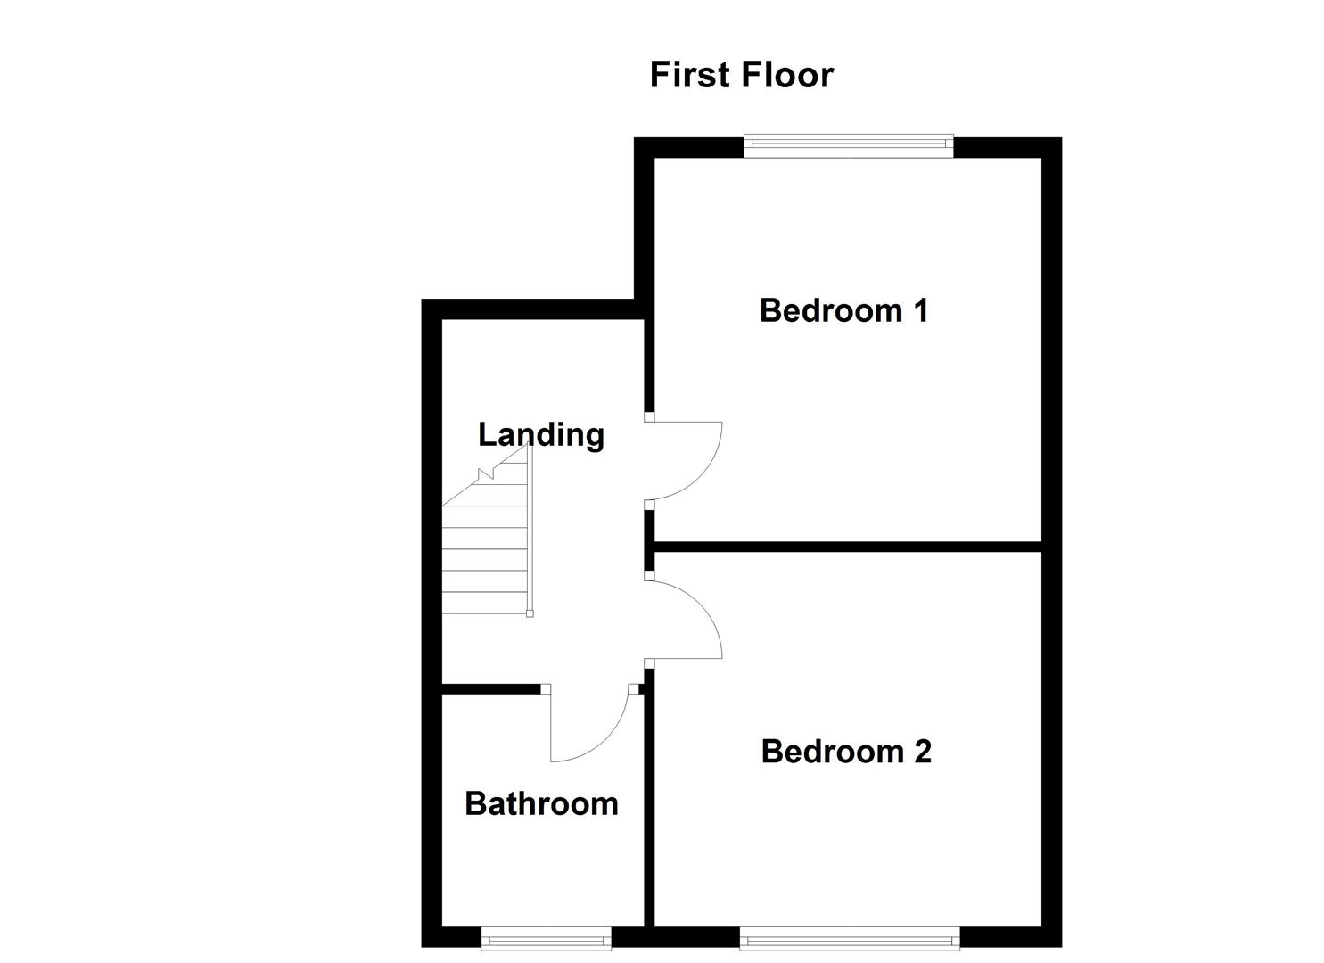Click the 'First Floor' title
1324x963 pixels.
(x=741, y=75)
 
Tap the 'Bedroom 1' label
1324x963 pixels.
(x=843, y=310)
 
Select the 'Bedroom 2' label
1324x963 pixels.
(x=846, y=752)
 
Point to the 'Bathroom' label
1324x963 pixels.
(x=541, y=804)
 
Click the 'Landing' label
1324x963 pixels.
(x=541, y=435)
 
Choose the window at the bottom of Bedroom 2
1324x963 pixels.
(x=849, y=937)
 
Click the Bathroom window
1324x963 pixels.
(x=546, y=937)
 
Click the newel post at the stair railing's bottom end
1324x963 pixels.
(x=530, y=613)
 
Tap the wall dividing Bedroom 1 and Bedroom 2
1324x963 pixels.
(x=847, y=546)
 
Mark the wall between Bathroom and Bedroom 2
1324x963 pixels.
(x=649, y=802)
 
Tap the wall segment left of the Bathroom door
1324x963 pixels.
(x=491, y=688)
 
